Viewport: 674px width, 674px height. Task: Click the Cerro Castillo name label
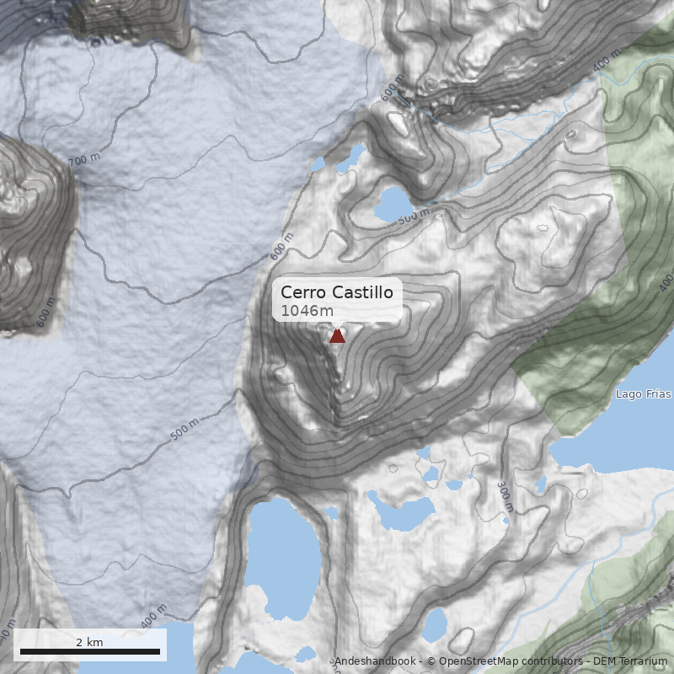click(337, 292)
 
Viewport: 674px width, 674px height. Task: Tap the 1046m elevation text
click(307, 311)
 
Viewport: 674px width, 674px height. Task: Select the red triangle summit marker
click(337, 336)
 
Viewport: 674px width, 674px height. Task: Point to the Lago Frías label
click(643, 393)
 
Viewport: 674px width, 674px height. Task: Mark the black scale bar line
click(90, 651)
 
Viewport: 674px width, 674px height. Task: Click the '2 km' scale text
click(89, 642)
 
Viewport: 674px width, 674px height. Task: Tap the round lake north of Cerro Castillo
click(393, 203)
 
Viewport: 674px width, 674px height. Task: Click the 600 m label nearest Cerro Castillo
click(281, 248)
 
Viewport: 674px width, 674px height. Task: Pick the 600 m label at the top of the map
click(393, 88)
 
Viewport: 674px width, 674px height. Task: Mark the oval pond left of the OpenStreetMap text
click(435, 624)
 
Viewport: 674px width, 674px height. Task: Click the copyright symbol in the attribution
click(431, 662)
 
